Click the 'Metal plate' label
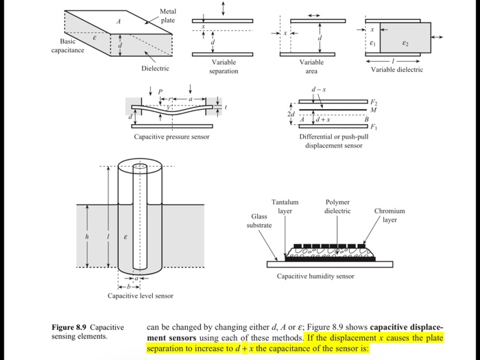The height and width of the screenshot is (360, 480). coord(167,16)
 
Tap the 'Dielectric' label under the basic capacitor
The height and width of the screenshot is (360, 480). coord(155,69)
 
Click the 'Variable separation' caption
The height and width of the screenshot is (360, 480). coord(223,67)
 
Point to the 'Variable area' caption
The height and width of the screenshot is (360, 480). coord(312,67)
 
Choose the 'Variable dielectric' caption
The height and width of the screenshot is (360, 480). coord(397,70)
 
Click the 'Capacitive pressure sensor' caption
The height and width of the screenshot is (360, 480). coord(171,136)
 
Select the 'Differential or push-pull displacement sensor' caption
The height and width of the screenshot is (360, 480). coord(333,141)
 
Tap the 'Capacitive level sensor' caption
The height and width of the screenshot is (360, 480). coord(141,296)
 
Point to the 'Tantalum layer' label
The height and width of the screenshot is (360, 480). coord(285,206)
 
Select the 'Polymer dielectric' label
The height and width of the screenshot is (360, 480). coord(338,206)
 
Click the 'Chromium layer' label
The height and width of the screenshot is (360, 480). coord(389,215)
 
